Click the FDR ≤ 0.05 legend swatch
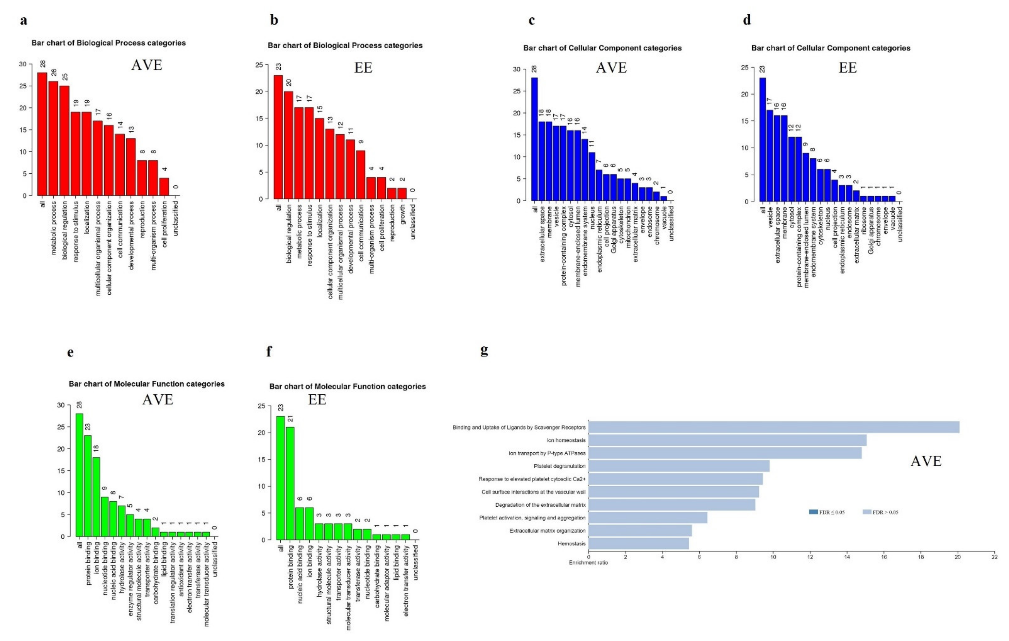coord(813,512)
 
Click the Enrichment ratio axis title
coord(588,562)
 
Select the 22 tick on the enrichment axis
coord(994,557)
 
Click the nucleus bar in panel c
coord(592,176)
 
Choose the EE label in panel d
coord(847,68)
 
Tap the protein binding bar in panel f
coord(290,483)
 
